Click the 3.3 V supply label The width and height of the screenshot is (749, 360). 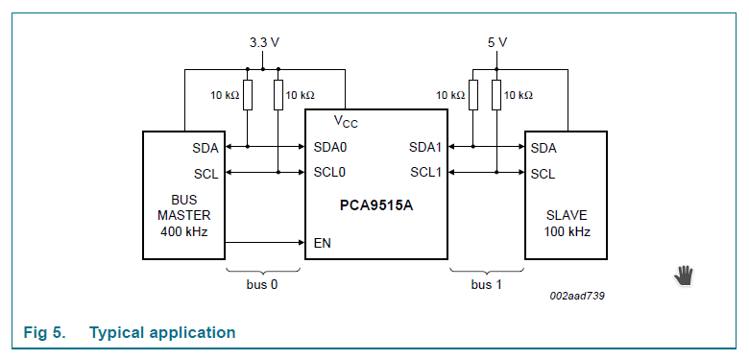pos(264,43)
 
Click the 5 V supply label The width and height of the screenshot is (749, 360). pos(496,43)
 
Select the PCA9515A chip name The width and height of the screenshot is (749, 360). pos(376,205)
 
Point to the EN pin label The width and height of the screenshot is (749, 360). pos(323,243)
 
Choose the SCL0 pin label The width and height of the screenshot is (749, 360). pos(329,173)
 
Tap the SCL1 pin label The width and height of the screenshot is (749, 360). pos(424,173)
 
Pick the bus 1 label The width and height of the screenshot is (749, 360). pos(486,284)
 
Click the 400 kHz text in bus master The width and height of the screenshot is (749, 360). pos(183,232)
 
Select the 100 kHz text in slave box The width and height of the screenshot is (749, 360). pos(567,232)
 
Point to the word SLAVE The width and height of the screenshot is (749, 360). pos(567,215)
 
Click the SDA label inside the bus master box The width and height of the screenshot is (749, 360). pos(205,148)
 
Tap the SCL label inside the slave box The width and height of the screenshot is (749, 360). pos(543,174)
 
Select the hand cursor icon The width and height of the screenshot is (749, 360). pos(683,276)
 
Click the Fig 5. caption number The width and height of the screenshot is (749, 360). pos(44,333)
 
